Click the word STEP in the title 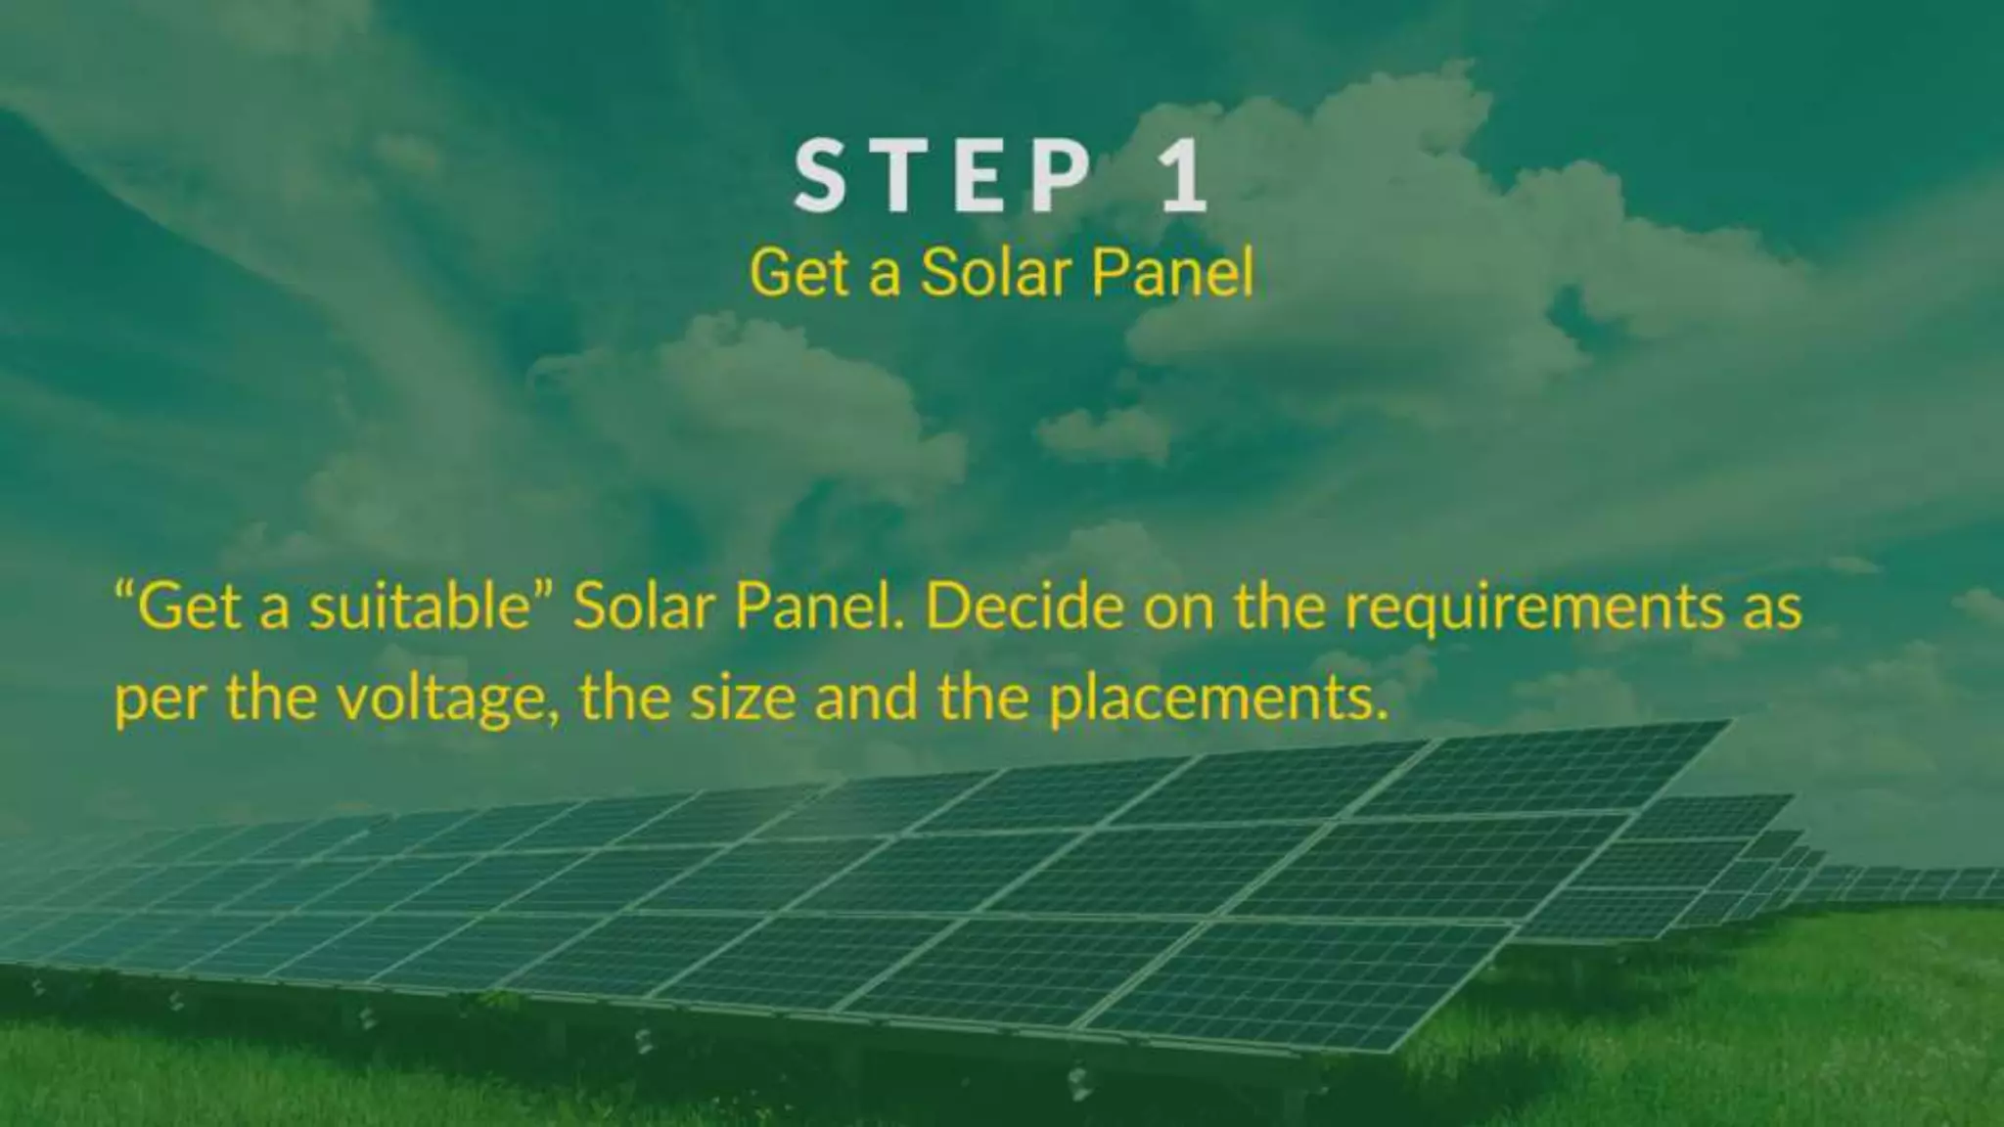[x=942, y=177]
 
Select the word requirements [x=1533, y=609]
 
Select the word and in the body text [x=866, y=699]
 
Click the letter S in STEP [x=820, y=177]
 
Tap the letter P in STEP [x=1061, y=177]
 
